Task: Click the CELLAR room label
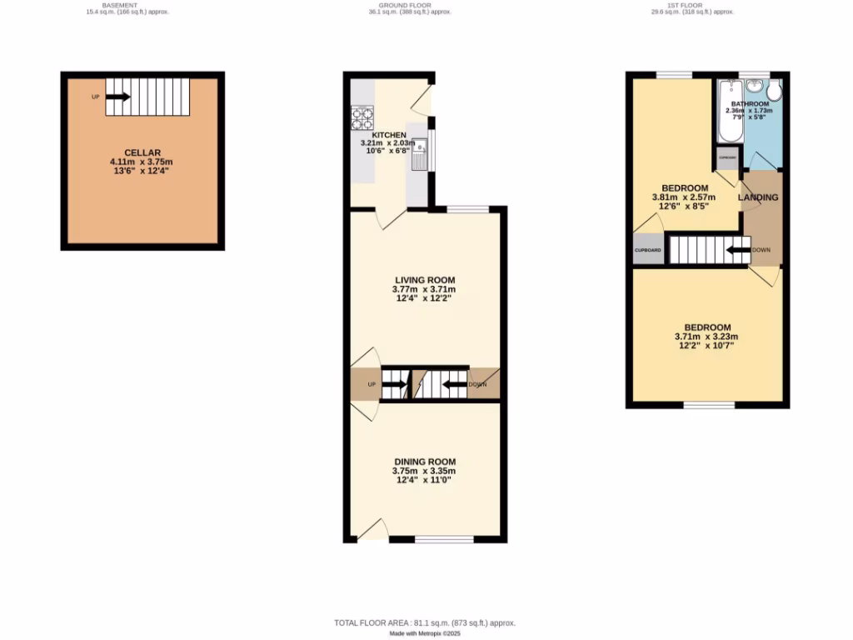[141, 152]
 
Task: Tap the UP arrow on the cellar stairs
[118, 97]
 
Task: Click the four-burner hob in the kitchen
[362, 117]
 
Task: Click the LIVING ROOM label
[424, 280]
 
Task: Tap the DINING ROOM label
[425, 462]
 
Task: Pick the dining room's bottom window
[444, 540]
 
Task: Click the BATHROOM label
[750, 103]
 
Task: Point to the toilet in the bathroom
[775, 89]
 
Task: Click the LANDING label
[758, 197]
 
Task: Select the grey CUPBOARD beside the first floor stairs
[648, 250]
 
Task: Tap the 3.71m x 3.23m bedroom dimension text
[706, 337]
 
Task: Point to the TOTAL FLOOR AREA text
[425, 623]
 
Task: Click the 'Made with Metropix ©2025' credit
[426, 634]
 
